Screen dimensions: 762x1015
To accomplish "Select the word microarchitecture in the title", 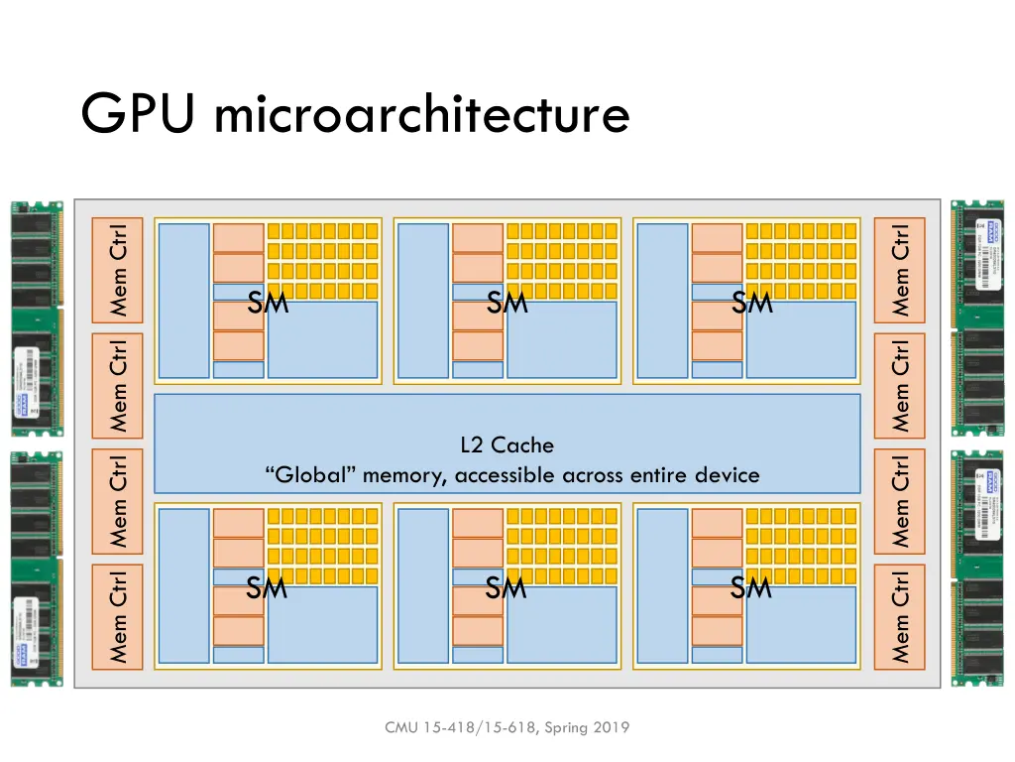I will point(421,116).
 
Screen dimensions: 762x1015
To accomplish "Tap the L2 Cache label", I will point(507,445).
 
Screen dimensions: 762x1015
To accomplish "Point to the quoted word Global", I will point(311,475).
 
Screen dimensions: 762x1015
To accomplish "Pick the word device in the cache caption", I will point(727,475).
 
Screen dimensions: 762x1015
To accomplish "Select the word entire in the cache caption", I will point(654,475).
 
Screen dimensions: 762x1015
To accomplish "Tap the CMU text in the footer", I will point(402,728).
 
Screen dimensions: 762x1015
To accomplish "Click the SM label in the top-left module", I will point(268,304).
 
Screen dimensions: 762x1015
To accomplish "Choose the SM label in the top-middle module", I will point(507,304).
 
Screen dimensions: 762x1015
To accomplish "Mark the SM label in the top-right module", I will point(751,304).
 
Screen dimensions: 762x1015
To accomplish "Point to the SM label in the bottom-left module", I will point(267,589).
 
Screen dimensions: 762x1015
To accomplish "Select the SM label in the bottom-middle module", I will point(506,589).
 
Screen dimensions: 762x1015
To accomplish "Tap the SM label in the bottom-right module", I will point(750,589).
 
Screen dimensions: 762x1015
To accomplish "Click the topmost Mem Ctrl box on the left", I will point(118,270).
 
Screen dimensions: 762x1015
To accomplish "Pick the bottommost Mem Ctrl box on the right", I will point(899,616).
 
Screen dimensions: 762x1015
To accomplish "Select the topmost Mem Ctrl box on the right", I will point(899,270).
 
